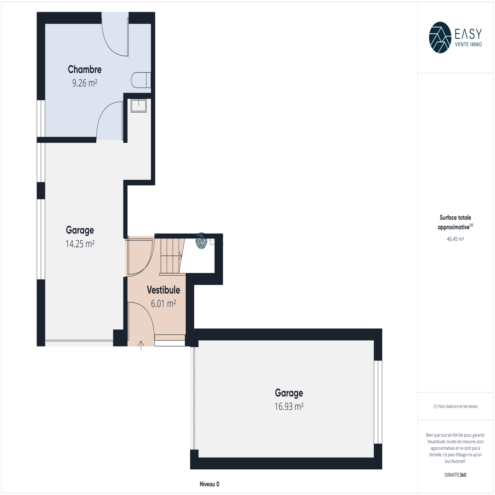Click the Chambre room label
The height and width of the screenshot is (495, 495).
tap(84, 69)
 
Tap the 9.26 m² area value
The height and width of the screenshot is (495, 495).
tap(85, 83)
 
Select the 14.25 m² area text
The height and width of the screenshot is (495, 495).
tap(80, 244)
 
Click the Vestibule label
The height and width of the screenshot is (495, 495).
tap(163, 290)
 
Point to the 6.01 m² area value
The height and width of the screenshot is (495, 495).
tap(163, 303)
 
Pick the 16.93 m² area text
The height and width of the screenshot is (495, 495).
tap(289, 406)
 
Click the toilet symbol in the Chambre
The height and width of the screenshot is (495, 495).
tap(141, 80)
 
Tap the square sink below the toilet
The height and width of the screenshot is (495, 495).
tap(138, 105)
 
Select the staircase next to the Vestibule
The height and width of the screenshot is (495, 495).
tap(172, 256)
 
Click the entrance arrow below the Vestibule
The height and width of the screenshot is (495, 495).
tap(141, 345)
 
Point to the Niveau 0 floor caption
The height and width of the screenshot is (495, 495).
tap(209, 484)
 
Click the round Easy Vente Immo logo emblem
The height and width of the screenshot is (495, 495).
tap(440, 37)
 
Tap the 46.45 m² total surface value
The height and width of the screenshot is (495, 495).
tap(455, 239)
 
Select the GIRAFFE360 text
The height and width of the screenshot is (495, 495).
tap(455, 475)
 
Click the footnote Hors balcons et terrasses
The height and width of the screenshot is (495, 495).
tap(455, 406)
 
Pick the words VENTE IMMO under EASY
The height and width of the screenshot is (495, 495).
tap(468, 45)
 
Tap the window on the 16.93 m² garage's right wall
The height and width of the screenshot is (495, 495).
tap(378, 402)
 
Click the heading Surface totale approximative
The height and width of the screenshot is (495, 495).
tap(455, 222)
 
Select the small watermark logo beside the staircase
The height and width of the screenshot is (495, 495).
tap(201, 241)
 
